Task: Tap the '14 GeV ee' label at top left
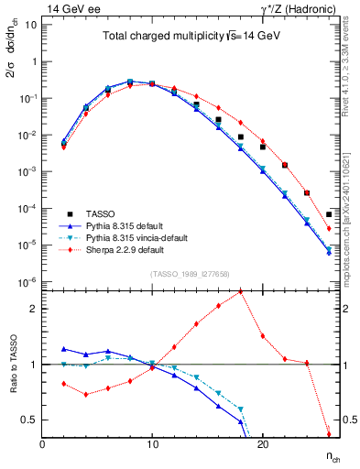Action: tap(68, 7)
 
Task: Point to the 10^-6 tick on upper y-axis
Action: tap(26, 281)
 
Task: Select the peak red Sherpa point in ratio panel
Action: tap(240, 292)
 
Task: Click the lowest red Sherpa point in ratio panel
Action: tap(328, 434)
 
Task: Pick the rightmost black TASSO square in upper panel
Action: tap(328, 214)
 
